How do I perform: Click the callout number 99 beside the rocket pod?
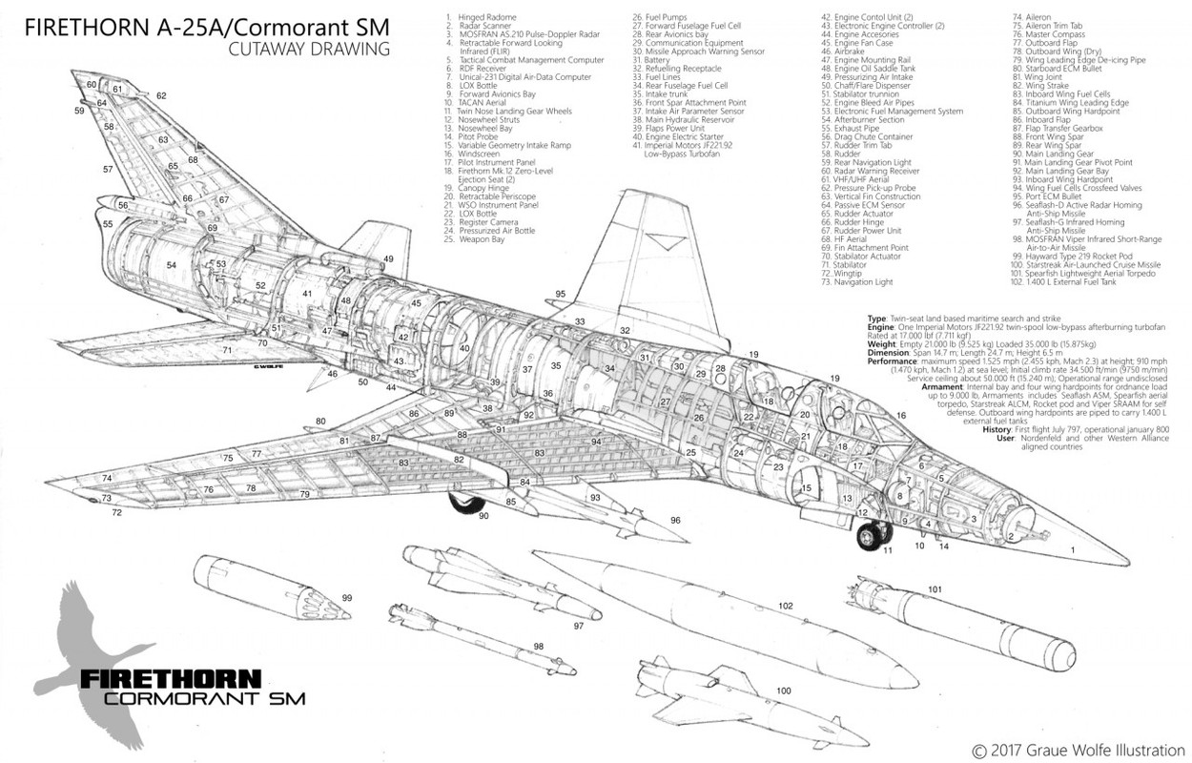click(x=346, y=598)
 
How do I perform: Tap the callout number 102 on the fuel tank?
click(x=786, y=605)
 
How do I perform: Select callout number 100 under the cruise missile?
click(x=784, y=690)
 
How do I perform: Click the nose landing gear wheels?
click(x=869, y=536)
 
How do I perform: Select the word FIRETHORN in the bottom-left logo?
click(x=171, y=680)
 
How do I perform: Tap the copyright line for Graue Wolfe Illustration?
click(x=1077, y=750)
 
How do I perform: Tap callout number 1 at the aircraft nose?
click(x=1072, y=550)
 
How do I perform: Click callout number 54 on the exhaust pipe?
click(x=172, y=264)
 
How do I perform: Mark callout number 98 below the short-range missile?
click(x=539, y=646)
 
